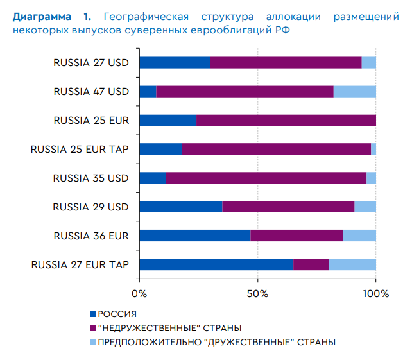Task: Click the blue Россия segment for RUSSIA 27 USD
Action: tap(175, 62)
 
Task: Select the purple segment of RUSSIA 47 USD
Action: tap(245, 91)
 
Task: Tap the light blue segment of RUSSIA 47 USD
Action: tap(354, 91)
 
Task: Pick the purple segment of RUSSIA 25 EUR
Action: tap(286, 120)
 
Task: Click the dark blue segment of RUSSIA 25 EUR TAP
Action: tap(160, 149)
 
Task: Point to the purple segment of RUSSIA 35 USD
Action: tap(266, 178)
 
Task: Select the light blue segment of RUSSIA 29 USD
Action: tap(365, 207)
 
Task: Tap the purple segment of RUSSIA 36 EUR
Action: tap(296, 236)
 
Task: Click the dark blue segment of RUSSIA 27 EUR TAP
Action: tap(216, 264)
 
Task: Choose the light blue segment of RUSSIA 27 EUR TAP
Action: tap(352, 264)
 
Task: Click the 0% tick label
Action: tap(139, 294)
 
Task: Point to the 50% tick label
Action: tap(257, 294)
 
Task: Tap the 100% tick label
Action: tap(376, 294)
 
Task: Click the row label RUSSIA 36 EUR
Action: tap(91, 236)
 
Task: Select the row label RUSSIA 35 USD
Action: tap(91, 178)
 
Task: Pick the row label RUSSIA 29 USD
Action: tap(91, 207)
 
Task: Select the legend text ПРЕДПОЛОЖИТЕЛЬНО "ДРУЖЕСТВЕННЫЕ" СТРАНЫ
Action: tap(216, 342)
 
